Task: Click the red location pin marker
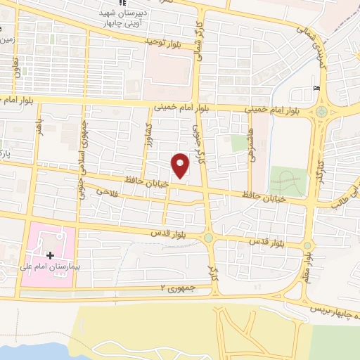coord(181,165)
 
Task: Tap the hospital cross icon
coord(50,255)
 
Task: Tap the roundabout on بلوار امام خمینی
coord(321,111)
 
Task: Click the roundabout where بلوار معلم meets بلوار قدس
coord(307,245)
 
